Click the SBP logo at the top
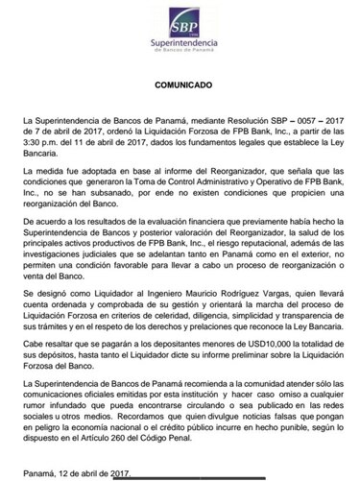(x=180, y=20)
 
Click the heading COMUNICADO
(x=180, y=84)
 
